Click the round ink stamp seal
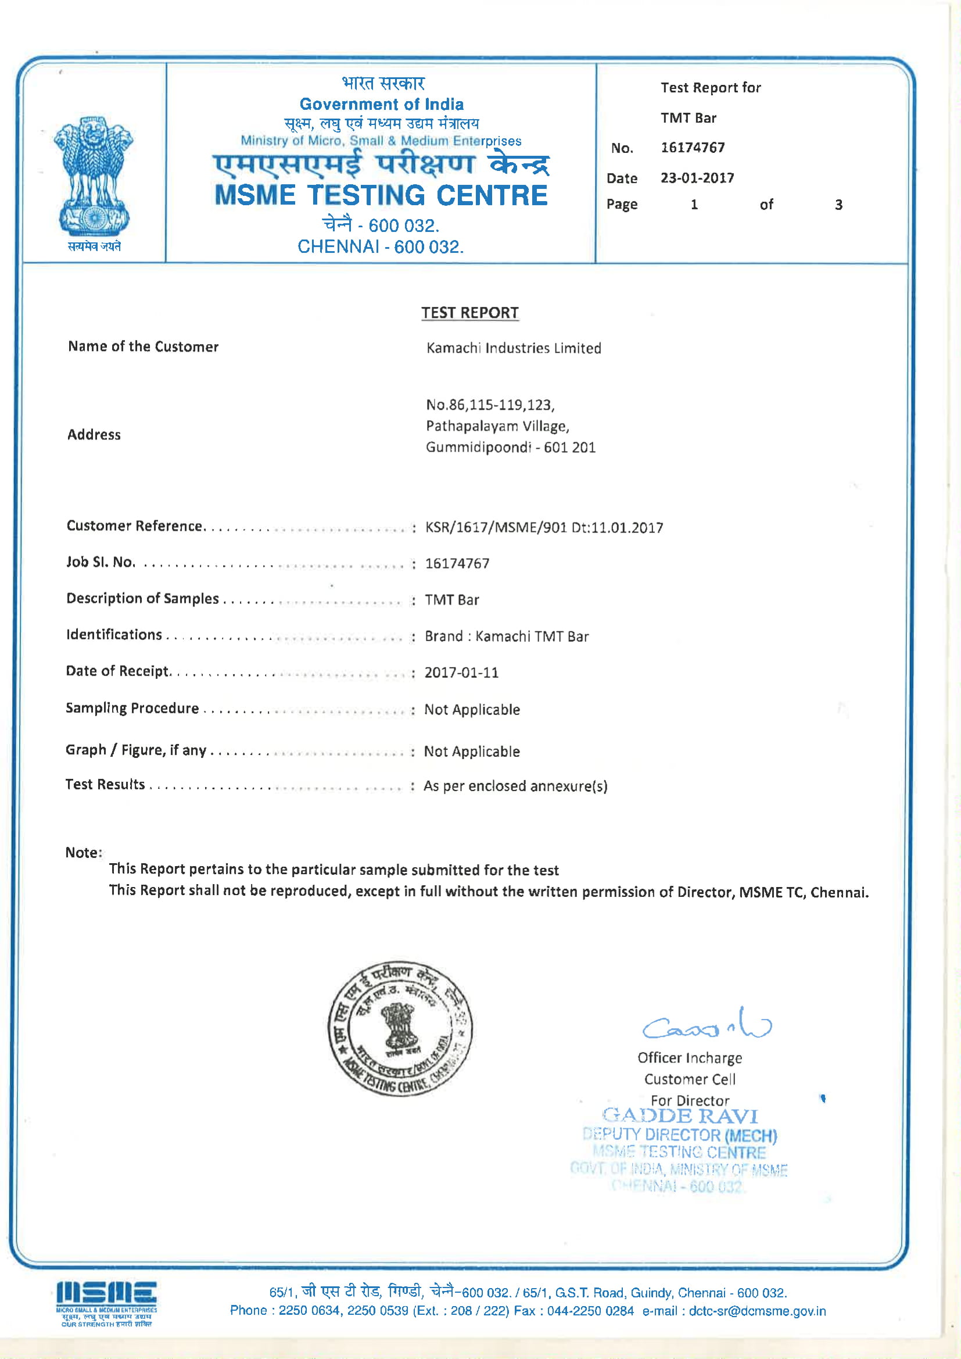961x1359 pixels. click(400, 1029)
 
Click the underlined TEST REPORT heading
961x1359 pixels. click(470, 313)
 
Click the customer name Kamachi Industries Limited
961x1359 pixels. click(514, 348)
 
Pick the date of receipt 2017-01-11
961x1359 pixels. click(461, 673)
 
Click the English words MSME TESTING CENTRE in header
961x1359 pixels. click(381, 195)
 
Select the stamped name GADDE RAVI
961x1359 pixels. click(680, 1115)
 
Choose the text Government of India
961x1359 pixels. click(382, 104)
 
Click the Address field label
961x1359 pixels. click(94, 434)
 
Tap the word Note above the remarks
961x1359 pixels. click(83, 852)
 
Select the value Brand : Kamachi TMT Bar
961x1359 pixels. click(507, 636)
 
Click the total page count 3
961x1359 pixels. click(838, 205)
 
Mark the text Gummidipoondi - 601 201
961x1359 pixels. click(511, 447)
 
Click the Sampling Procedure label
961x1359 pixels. click(132, 708)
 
